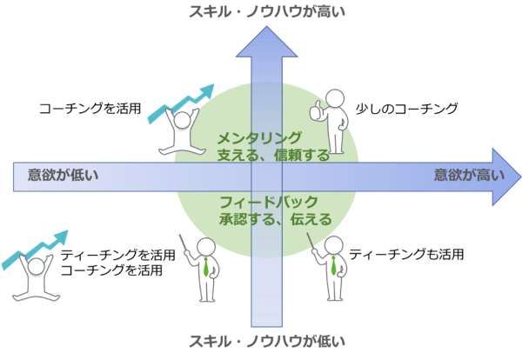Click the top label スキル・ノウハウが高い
[x=267, y=11]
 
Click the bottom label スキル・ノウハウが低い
[x=267, y=342]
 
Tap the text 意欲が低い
[x=63, y=175]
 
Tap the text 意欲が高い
[x=469, y=175]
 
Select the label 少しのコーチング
[x=407, y=109]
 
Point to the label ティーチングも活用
[x=406, y=254]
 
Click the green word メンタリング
[x=259, y=137]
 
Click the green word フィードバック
[x=269, y=202]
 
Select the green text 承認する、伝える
[x=276, y=219]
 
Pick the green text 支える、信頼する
[x=273, y=155]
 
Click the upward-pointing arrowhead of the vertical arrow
[x=267, y=43]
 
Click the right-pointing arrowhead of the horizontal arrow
[x=506, y=177]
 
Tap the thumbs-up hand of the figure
[x=315, y=110]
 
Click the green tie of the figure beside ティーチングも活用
[x=333, y=265]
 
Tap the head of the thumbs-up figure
[x=335, y=98]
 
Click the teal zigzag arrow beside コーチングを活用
[x=180, y=103]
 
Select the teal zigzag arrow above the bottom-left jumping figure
[x=34, y=250]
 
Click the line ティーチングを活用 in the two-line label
[x=117, y=255]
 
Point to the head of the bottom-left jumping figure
[x=36, y=267]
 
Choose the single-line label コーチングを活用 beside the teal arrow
[x=90, y=109]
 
